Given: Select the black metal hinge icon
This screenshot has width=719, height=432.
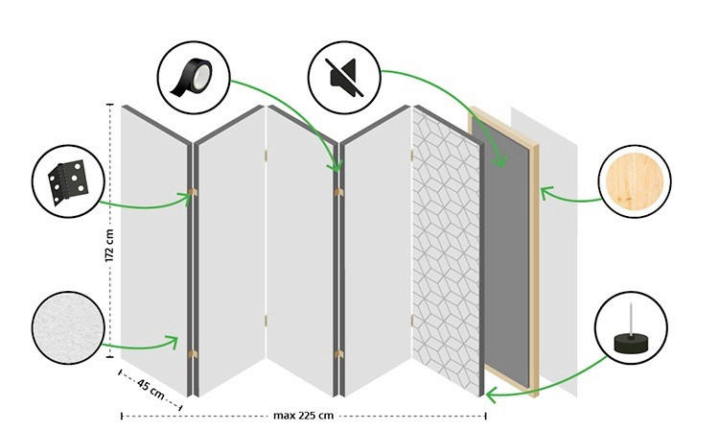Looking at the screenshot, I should [67, 180].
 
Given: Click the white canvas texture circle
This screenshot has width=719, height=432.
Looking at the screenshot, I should [67, 329].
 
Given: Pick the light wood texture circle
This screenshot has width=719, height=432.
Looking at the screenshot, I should [634, 181].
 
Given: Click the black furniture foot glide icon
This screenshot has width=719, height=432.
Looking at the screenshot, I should [630, 329].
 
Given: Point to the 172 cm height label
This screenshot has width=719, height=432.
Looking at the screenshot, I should [110, 246].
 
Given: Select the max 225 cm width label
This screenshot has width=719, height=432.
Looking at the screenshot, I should [303, 416].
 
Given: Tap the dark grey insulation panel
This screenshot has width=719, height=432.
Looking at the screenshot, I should [506, 250].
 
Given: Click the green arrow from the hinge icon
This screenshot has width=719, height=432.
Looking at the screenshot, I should [144, 204].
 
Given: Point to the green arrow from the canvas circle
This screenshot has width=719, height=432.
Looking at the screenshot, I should [139, 345].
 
